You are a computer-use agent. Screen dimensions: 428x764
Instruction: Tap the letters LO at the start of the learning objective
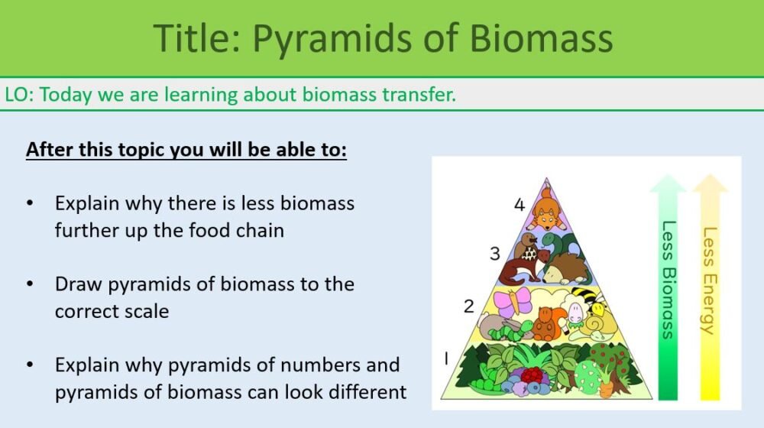18,95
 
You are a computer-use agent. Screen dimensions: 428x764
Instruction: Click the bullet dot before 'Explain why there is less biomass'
30,204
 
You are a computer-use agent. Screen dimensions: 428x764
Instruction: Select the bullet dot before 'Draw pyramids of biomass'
30,284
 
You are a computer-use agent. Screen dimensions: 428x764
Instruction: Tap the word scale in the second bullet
140,311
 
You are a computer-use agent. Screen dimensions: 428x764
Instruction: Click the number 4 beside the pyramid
520,205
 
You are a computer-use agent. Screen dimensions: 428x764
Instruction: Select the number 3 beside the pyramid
495,253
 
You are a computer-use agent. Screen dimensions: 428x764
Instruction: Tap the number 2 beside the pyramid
469,307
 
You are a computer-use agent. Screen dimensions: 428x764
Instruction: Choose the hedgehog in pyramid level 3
565,270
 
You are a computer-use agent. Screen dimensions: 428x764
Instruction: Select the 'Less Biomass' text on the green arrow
667,279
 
